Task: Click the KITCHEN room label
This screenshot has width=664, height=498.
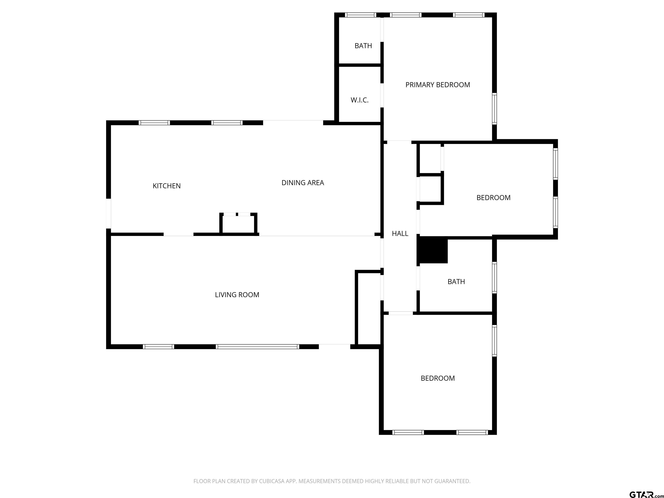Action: [x=167, y=186]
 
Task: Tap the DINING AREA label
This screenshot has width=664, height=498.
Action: [x=303, y=182]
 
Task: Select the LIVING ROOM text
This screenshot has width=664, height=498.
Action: [x=237, y=295]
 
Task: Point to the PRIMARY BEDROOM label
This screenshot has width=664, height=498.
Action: [x=438, y=85]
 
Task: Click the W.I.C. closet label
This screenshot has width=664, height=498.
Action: [x=359, y=100]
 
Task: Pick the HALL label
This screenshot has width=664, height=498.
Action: [x=400, y=233]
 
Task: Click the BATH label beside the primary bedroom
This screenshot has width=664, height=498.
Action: [x=363, y=46]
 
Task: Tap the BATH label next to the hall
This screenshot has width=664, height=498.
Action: [x=456, y=282]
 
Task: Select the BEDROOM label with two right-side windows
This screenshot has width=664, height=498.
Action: [x=493, y=198]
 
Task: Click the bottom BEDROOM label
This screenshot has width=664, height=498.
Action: [x=437, y=378]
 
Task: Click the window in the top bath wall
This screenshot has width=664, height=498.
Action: [x=361, y=15]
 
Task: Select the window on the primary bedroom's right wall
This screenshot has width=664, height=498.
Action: [x=494, y=109]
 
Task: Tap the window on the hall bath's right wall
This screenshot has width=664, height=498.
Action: [x=494, y=277]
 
